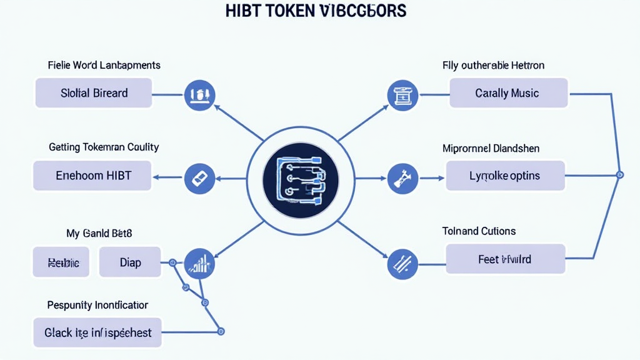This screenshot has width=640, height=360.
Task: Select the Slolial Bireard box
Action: coord(94,93)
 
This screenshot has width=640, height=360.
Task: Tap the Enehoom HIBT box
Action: coord(93,175)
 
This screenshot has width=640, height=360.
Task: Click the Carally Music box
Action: coord(507,93)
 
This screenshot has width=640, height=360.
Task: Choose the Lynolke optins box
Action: coord(505,176)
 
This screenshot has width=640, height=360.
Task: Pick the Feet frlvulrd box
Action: coord(505,259)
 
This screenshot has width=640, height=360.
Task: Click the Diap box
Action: coord(130,262)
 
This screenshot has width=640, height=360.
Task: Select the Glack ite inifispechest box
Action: coord(97,332)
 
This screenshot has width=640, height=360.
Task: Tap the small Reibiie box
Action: coord(61,262)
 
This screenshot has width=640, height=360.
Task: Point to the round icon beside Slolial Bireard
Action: coord(200,96)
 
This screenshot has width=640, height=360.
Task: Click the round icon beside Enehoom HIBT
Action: coord(201,178)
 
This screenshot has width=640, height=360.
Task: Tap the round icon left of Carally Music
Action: coord(402,96)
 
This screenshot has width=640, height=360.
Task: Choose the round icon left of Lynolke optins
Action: coord(402,178)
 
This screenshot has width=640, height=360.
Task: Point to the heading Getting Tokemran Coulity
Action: coord(104,147)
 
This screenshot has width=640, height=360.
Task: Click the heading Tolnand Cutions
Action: coord(479,231)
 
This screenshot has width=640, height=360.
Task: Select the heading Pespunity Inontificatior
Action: coord(97,305)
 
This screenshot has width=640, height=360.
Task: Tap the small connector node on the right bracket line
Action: coord(619,174)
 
